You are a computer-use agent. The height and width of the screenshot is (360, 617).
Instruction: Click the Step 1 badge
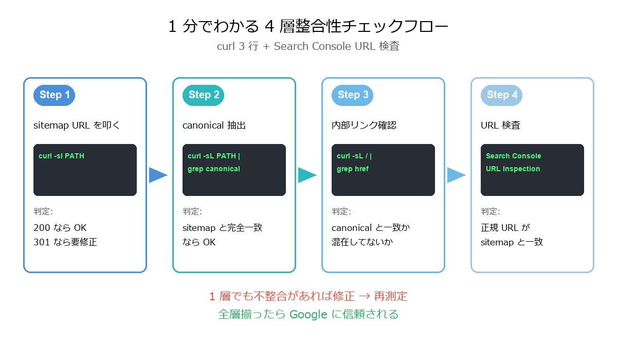coord(55,95)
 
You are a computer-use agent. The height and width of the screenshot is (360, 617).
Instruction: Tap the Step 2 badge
coord(204,95)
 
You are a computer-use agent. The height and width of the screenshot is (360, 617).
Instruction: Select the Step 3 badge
coord(353,95)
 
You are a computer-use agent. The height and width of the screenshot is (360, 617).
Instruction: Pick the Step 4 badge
coord(502,95)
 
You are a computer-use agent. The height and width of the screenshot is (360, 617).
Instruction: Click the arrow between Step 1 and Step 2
coord(158,175)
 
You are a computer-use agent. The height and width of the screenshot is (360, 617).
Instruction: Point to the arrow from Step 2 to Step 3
coord(307,175)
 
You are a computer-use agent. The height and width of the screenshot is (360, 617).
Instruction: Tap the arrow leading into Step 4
coord(456,175)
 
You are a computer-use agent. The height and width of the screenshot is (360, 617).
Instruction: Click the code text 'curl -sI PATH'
coord(61,156)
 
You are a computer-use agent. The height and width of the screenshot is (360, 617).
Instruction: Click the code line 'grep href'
coord(353,169)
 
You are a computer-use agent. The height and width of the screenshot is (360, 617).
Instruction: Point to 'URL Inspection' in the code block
coord(513,169)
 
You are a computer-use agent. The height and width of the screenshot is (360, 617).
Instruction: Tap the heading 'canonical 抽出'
coord(214,125)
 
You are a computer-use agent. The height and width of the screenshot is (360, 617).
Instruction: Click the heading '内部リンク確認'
coord(364,125)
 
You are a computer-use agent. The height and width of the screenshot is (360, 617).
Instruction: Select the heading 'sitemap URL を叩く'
coord(77,125)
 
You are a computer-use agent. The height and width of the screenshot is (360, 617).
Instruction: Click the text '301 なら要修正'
coord(65,242)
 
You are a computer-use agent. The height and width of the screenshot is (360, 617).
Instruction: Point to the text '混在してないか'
coord(362,242)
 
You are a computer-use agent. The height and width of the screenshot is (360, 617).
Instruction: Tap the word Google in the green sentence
coord(308,314)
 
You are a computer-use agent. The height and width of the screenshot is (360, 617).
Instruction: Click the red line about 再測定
coord(308,296)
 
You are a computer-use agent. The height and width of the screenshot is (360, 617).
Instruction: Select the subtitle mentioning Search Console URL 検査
coord(308,46)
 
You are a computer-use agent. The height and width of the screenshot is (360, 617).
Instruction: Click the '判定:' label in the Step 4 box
coord(490,211)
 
